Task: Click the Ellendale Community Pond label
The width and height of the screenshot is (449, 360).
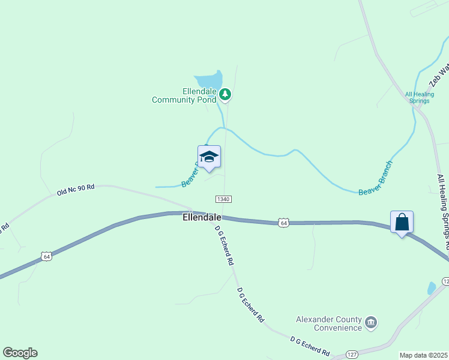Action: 184,95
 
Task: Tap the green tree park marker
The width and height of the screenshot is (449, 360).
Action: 225,94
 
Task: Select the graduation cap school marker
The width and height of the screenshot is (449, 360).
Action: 209,157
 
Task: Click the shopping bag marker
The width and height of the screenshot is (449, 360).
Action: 402,222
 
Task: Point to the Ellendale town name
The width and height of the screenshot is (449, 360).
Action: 202,217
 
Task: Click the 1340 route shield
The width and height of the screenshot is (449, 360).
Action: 223,199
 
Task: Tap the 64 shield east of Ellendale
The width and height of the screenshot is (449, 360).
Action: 284,223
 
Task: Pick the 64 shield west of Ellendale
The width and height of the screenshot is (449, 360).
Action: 46,256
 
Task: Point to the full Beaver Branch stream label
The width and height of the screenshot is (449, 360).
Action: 375,178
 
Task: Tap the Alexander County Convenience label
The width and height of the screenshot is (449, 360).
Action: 330,323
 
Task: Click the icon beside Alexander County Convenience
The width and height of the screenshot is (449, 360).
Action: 371,323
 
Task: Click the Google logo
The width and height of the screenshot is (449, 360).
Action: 20,353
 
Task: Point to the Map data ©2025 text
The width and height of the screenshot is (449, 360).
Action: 423,355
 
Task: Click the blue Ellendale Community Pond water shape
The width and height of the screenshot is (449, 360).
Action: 208,80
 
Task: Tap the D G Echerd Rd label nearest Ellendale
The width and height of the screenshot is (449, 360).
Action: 223,245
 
